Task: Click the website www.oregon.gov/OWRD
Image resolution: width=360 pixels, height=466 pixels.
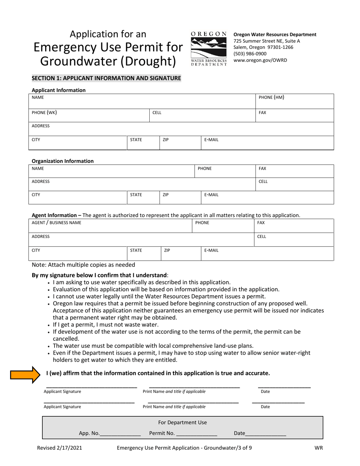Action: tap(260, 60)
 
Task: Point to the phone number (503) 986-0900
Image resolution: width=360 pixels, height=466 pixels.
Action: tap(250, 54)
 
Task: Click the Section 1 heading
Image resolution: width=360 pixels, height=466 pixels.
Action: tap(106, 78)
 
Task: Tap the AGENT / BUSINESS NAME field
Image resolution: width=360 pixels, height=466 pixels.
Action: tap(110, 225)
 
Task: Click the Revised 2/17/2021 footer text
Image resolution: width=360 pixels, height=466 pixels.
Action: tap(59, 448)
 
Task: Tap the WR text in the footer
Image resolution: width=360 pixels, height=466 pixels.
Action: tap(318, 448)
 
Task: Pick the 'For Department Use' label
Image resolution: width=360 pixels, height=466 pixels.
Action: tap(182, 422)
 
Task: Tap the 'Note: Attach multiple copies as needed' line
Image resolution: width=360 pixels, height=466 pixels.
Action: tap(83, 265)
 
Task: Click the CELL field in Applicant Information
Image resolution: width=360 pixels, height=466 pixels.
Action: tap(203, 115)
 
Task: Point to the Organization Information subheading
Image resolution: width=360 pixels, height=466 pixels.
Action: tap(63, 161)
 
